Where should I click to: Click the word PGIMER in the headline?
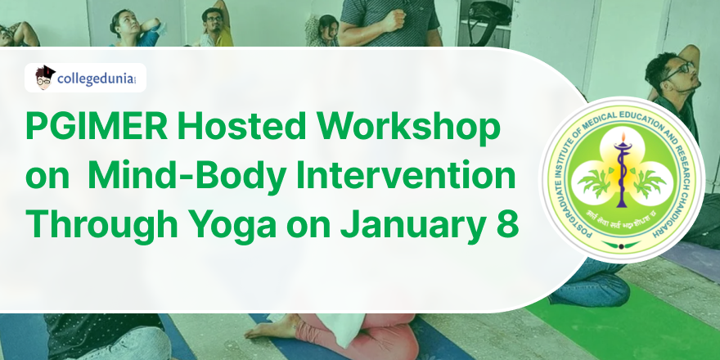pyautogui.click(x=97, y=126)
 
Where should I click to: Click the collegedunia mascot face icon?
pyautogui.click(x=44, y=78)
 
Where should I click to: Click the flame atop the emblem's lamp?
pyautogui.click(x=623, y=137)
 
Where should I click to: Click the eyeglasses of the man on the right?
pyautogui.click(x=678, y=70)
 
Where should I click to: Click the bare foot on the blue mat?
pyautogui.click(x=271, y=328)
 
